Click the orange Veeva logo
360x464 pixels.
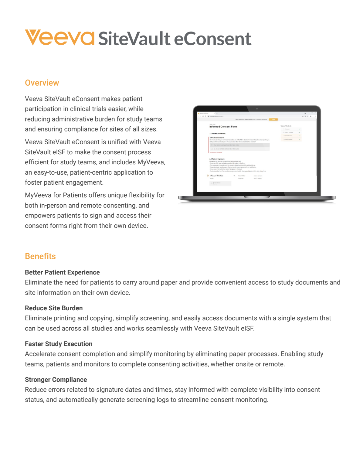[59, 38]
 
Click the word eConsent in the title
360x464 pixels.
[212, 39]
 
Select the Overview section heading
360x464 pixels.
[42, 83]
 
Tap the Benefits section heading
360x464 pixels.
[40, 256]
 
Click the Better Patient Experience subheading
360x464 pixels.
[62, 272]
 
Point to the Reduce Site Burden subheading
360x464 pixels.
[54, 308]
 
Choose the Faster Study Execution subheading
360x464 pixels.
[59, 344]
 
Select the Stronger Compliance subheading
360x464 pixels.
[56, 380]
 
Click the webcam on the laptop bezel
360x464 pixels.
[257, 108]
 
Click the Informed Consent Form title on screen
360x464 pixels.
[223, 127]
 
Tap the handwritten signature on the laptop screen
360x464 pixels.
[217, 176]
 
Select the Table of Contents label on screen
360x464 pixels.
[286, 126]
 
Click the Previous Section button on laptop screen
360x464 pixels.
[220, 183]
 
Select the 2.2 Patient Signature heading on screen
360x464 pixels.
[217, 159]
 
